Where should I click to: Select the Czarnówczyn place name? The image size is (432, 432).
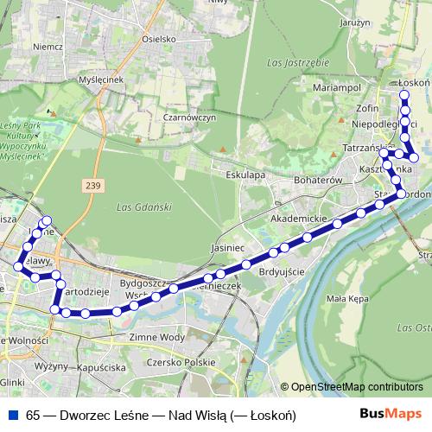(x=188, y=118)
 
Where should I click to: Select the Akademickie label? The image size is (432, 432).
(x=299, y=219)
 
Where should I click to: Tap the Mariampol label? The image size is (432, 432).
(x=334, y=88)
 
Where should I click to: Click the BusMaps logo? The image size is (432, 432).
(x=391, y=414)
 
